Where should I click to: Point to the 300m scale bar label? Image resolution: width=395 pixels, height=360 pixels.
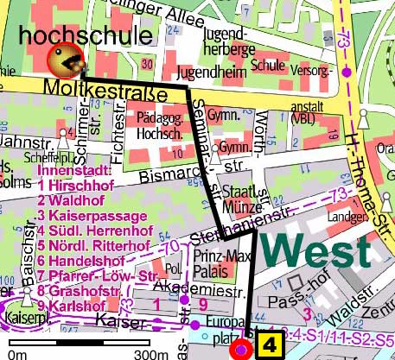tap(152, 352)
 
